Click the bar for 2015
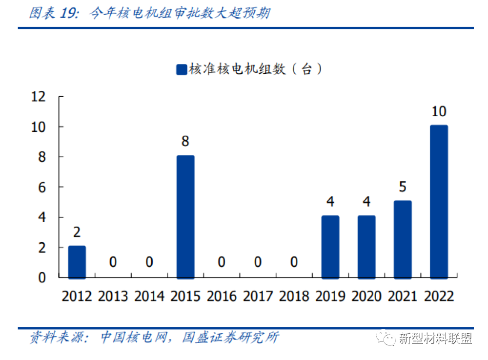(x=185, y=217)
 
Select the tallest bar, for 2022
(x=439, y=202)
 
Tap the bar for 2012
(x=77, y=262)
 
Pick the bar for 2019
(x=330, y=247)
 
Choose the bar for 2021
(x=403, y=239)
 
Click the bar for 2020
(x=366, y=247)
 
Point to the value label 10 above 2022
(x=439, y=111)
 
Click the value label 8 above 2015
(x=185, y=142)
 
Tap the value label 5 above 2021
(x=403, y=187)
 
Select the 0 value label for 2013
(x=113, y=262)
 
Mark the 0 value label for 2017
(x=258, y=262)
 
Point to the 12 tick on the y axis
(x=38, y=97)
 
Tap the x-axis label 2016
(x=222, y=296)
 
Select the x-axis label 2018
(x=294, y=296)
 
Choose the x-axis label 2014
(x=149, y=296)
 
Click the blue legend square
(x=181, y=69)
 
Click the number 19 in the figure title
(x=67, y=13)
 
